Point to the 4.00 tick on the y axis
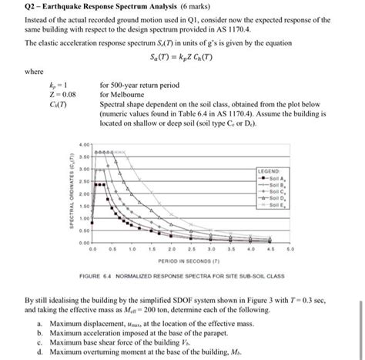84,144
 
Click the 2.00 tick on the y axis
84,194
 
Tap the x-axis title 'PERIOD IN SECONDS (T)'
189,261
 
